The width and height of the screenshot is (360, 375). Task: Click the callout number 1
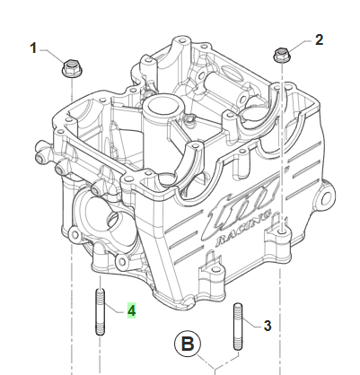point(33,48)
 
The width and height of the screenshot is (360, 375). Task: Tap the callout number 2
point(320,39)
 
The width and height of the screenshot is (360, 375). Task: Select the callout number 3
point(268,326)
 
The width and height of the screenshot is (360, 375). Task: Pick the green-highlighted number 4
point(132,310)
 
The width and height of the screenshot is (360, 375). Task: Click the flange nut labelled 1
point(72,68)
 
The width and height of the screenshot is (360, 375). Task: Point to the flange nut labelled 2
point(282,56)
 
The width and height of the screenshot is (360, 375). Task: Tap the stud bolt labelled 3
point(238,327)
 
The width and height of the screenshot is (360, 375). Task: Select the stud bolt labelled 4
point(101,311)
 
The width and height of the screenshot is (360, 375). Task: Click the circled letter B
point(188,344)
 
